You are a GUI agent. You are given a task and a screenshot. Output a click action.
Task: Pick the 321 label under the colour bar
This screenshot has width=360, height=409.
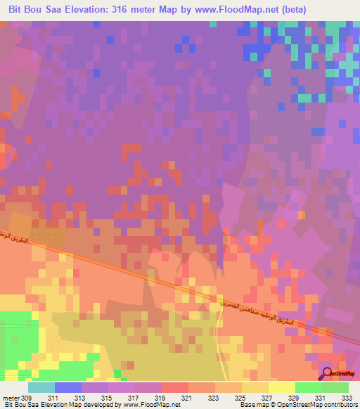point(186,397)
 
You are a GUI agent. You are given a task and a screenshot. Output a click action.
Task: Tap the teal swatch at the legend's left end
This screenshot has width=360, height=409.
point(41,387)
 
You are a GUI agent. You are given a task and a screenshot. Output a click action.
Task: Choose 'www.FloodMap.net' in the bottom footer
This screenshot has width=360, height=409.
point(151,405)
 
